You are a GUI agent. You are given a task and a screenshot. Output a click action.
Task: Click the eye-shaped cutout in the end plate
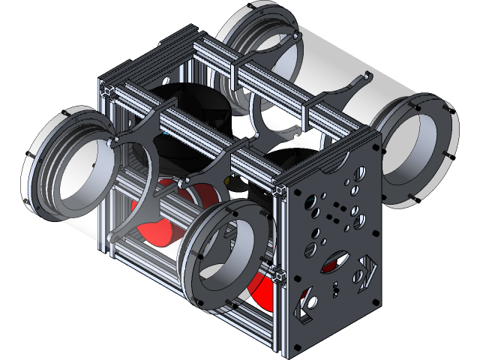(x=334, y=262)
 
